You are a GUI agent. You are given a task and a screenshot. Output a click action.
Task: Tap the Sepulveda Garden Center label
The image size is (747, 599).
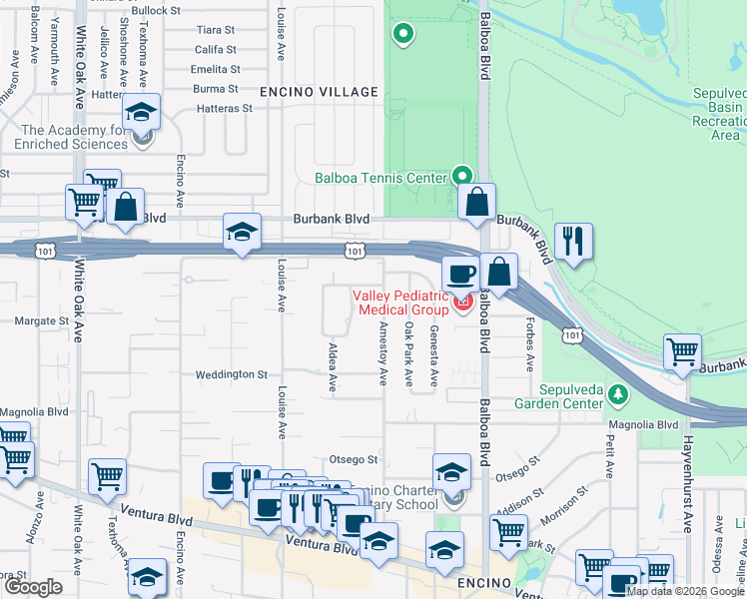558,396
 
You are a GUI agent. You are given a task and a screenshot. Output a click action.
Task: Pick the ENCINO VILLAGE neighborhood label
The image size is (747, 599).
319,92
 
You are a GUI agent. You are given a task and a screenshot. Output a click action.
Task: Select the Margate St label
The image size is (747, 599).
41,321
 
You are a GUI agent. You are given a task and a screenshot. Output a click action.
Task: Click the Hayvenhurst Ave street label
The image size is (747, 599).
687,469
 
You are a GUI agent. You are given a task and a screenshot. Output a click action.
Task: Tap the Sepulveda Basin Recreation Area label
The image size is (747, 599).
719,113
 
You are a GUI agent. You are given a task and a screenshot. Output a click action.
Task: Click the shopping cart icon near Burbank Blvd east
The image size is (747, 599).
683,351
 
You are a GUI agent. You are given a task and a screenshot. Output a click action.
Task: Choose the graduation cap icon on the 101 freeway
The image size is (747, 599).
241,233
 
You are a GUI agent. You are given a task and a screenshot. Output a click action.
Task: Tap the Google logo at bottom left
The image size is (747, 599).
33,587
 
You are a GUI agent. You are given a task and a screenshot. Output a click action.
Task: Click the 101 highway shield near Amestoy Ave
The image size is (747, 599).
356,252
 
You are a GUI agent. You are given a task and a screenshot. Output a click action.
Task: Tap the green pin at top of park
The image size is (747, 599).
403,36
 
